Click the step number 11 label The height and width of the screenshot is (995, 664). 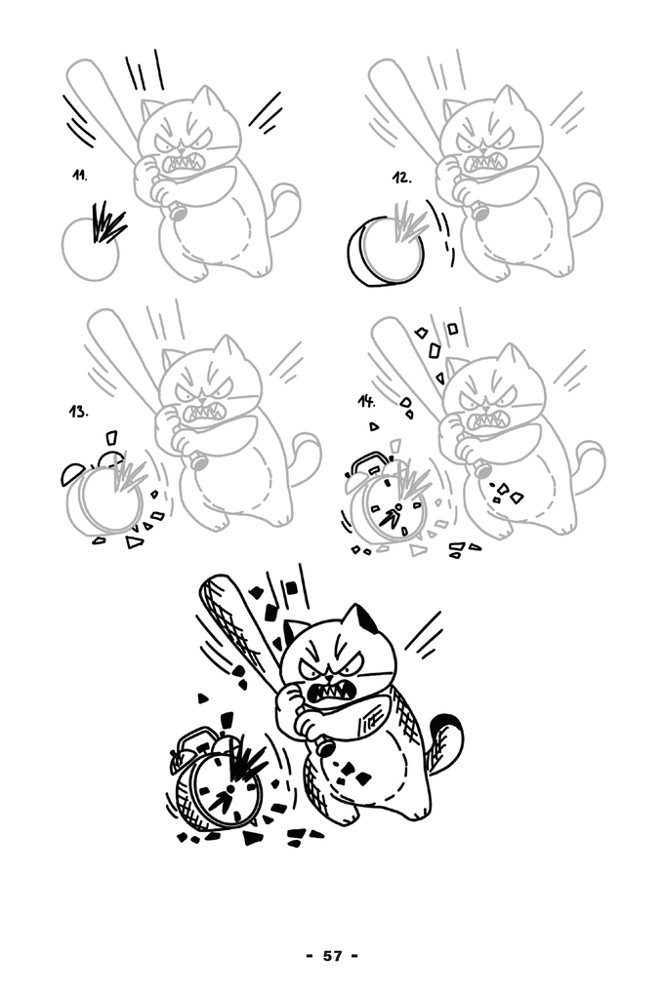[78, 176]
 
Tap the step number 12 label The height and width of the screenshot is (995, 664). [401, 178]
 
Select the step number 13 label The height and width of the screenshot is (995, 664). [78, 412]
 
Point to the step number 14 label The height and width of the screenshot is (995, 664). [366, 401]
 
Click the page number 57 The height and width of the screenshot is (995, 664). [332, 956]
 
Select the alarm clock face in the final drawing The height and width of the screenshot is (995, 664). [225, 789]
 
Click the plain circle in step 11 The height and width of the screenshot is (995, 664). [90, 248]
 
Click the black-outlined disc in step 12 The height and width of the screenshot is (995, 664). [385, 251]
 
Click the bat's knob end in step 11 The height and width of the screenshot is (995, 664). [177, 212]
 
